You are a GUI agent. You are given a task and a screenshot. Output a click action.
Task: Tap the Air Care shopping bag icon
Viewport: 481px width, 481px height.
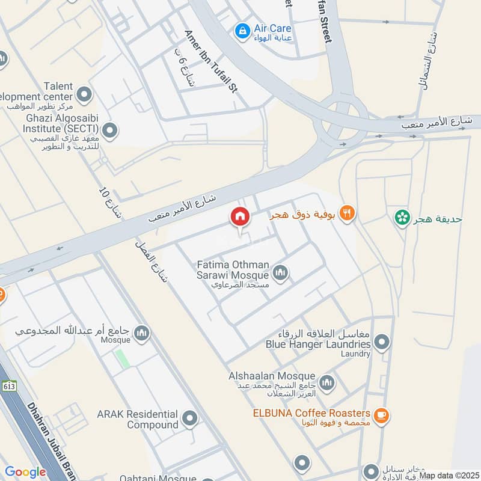(242, 29)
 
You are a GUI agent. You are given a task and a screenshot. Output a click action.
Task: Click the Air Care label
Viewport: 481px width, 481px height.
(272, 28)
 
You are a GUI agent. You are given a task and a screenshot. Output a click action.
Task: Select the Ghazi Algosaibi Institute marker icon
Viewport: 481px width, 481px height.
(109, 129)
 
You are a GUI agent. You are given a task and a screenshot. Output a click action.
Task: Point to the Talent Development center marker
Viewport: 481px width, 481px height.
(84, 94)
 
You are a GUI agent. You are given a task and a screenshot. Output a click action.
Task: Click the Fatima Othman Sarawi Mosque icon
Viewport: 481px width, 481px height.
(280, 274)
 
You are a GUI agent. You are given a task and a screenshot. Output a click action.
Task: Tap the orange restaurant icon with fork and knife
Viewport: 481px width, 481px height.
(348, 212)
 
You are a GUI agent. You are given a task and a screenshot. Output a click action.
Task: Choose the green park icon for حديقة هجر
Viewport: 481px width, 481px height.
(401, 218)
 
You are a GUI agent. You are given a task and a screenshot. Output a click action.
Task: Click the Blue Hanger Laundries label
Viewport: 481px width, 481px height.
(318, 345)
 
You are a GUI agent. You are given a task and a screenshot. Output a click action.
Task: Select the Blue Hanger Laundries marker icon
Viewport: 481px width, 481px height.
(381, 343)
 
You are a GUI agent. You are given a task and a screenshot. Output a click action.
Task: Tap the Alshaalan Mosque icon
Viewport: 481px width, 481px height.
(326, 382)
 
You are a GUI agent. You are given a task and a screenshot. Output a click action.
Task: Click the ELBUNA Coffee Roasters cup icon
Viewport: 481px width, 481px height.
(381, 415)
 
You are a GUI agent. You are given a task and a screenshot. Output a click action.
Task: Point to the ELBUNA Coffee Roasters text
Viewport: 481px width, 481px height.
(311, 413)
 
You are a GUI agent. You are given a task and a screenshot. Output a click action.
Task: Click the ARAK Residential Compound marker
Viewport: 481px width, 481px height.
(191, 418)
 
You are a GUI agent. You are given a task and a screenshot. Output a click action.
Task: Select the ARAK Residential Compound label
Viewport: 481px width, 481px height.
(138, 419)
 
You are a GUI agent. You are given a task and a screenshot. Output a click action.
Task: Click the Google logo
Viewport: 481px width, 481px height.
(25, 472)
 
